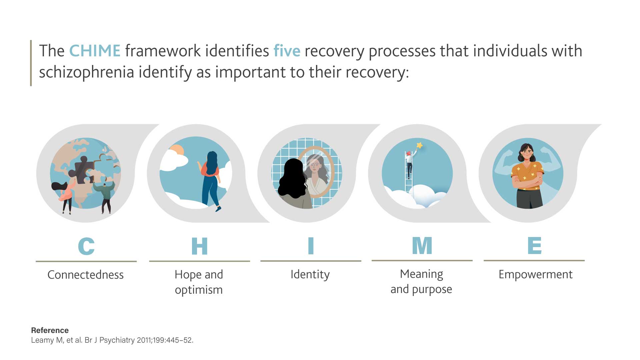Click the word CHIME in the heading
(x=95, y=51)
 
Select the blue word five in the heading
(x=287, y=51)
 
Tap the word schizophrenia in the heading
(x=86, y=72)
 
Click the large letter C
(x=86, y=246)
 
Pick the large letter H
(x=199, y=246)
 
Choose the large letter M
(x=422, y=246)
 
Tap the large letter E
(x=534, y=246)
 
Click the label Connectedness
(x=85, y=275)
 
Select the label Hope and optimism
(x=199, y=282)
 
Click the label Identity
(x=310, y=274)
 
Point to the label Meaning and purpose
(x=421, y=281)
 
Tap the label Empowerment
(x=535, y=274)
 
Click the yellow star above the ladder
(x=420, y=145)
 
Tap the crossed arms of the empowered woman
(x=527, y=181)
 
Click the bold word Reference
(x=50, y=330)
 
